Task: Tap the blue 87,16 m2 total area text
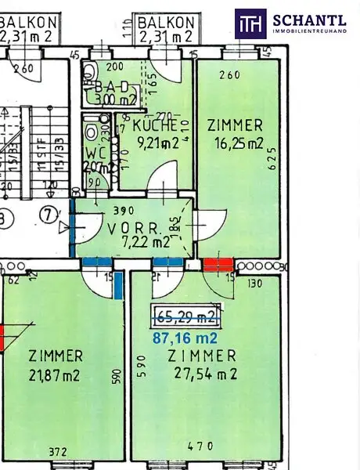185,338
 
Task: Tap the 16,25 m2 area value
235,143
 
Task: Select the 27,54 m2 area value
202,374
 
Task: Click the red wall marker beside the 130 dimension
217,265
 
